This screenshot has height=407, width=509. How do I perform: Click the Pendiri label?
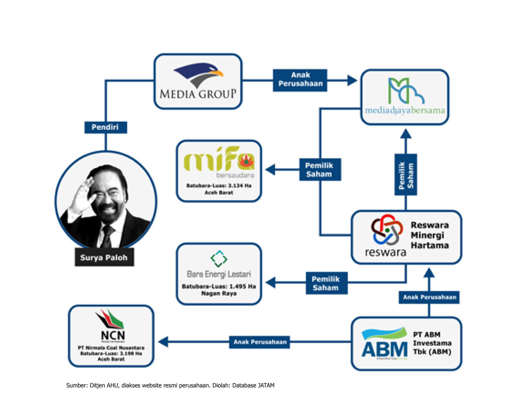(x=105, y=127)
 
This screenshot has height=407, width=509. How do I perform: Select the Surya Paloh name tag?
(x=104, y=258)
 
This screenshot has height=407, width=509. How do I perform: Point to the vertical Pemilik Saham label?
(x=406, y=175)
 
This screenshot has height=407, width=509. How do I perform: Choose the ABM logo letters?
(x=384, y=349)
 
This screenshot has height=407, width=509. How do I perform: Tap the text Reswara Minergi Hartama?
(x=429, y=235)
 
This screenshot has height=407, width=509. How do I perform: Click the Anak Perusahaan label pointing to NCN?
(x=260, y=342)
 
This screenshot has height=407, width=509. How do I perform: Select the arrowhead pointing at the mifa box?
(x=271, y=169)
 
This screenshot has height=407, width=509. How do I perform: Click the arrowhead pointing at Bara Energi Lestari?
(x=271, y=282)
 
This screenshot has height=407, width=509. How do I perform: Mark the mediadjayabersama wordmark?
(x=405, y=111)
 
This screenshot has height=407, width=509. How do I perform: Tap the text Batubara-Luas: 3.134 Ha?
(x=219, y=185)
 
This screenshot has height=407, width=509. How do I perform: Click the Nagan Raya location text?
(x=219, y=293)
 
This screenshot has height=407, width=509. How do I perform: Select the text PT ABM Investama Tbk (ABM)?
(x=432, y=343)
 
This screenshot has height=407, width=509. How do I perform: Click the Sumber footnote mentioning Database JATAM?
(x=170, y=385)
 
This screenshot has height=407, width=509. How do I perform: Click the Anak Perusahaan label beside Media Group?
(x=300, y=79)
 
